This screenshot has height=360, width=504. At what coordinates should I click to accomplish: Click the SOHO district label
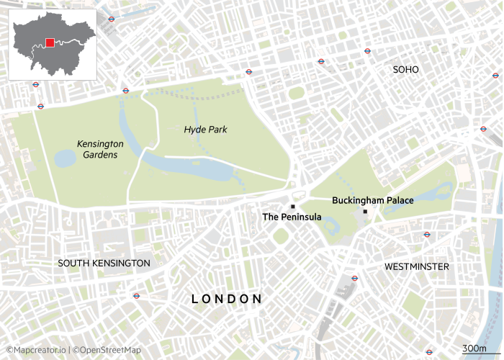click(405, 70)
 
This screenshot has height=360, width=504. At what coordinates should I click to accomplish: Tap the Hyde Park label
click(205, 130)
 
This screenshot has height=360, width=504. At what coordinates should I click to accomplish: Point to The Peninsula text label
click(292, 217)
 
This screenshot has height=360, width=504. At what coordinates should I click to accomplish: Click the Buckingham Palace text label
click(372, 200)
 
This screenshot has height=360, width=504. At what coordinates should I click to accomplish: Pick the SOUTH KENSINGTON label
click(104, 264)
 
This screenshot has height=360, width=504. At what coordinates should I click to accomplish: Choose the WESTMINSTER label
click(416, 267)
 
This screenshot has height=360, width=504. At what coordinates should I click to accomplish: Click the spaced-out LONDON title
click(226, 299)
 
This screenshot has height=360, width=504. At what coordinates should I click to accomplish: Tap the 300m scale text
click(473, 348)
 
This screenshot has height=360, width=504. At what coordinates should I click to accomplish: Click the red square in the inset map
click(50, 42)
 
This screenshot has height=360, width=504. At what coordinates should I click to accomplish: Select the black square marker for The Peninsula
click(293, 207)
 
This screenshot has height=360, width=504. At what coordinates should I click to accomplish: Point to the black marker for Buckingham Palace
click(366, 211)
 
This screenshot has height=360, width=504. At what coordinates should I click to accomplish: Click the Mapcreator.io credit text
click(36, 350)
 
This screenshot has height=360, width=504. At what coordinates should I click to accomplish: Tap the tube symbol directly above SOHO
click(367, 51)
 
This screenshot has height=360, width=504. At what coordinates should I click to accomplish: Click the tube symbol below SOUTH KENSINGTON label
click(136, 295)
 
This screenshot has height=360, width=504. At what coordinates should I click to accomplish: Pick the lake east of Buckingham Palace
click(418, 202)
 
